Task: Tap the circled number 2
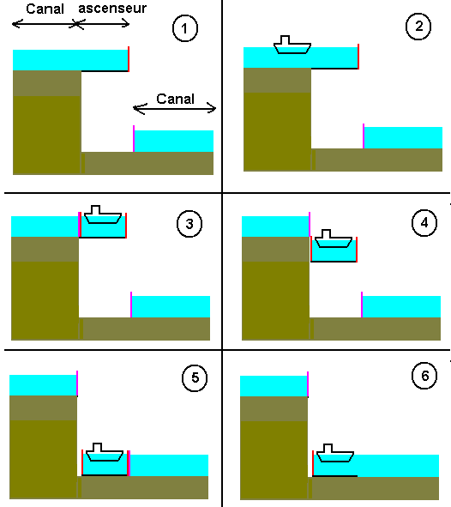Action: click(x=418, y=27)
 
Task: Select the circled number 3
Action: click(x=189, y=225)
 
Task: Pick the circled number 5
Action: click(x=195, y=378)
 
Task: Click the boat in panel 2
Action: click(x=291, y=45)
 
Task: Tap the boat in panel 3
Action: click(x=102, y=214)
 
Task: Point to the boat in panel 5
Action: click(x=105, y=453)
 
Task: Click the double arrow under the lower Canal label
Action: click(x=176, y=109)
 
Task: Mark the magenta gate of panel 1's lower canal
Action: click(x=134, y=138)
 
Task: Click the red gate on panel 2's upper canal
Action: click(x=358, y=56)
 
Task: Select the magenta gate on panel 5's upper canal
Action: click(x=77, y=383)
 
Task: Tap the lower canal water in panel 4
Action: click(x=401, y=306)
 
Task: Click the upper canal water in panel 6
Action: click(x=273, y=386)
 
